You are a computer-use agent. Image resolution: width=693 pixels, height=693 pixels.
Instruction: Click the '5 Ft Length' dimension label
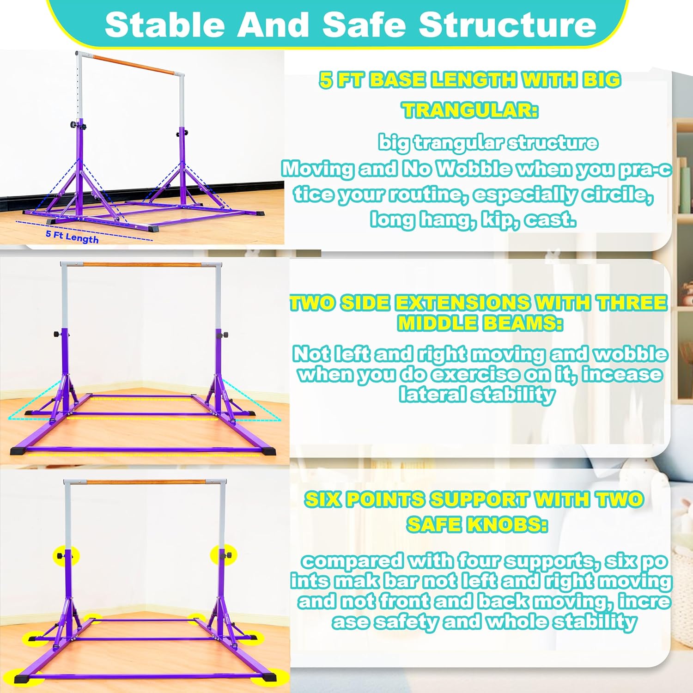pos(72,237)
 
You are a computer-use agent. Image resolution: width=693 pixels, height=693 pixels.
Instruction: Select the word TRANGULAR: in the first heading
pos(470,110)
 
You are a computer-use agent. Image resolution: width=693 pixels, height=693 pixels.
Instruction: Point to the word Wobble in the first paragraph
pos(474,169)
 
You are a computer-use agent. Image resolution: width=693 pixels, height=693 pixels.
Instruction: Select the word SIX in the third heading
pos(322,499)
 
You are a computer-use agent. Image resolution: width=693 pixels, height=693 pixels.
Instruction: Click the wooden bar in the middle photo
pos(142,265)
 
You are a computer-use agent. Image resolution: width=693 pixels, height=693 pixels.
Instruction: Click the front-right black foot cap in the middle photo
pos(268,451)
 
